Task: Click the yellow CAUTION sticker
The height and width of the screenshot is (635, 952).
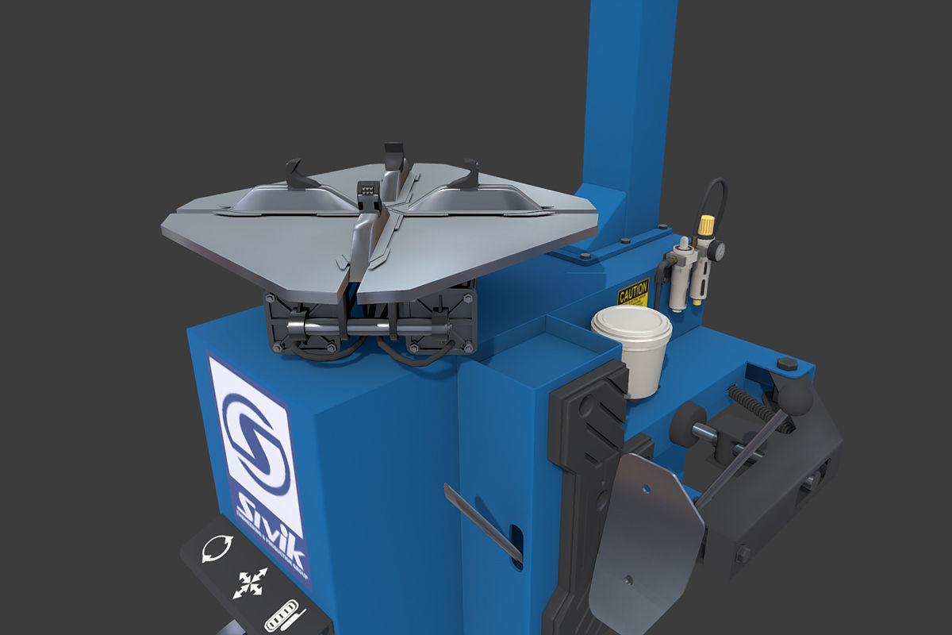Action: coord(633,293)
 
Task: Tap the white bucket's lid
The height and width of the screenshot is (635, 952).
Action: coord(631,322)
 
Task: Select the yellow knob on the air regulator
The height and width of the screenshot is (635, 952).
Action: coord(705,225)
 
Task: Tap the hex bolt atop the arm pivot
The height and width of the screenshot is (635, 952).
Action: coord(787,364)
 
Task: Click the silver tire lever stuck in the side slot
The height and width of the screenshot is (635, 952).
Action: coord(480,521)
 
